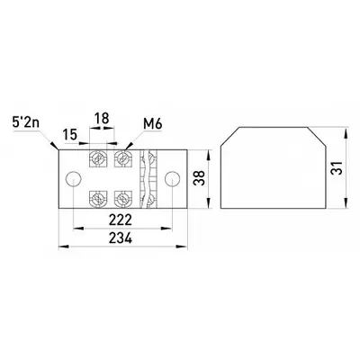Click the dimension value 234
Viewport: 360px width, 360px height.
tap(121, 238)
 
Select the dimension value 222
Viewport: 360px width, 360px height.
tap(121, 220)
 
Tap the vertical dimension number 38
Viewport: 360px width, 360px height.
tap(199, 178)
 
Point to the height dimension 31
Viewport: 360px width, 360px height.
tap(337, 167)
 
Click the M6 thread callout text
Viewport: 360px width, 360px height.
tap(152, 123)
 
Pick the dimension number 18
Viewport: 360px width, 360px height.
tap(102, 119)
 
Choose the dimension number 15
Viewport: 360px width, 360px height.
tap(70, 135)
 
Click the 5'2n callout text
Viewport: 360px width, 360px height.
tap(26, 121)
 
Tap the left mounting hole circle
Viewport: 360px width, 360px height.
tap(74, 179)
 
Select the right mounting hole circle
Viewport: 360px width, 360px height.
tap(173, 179)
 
